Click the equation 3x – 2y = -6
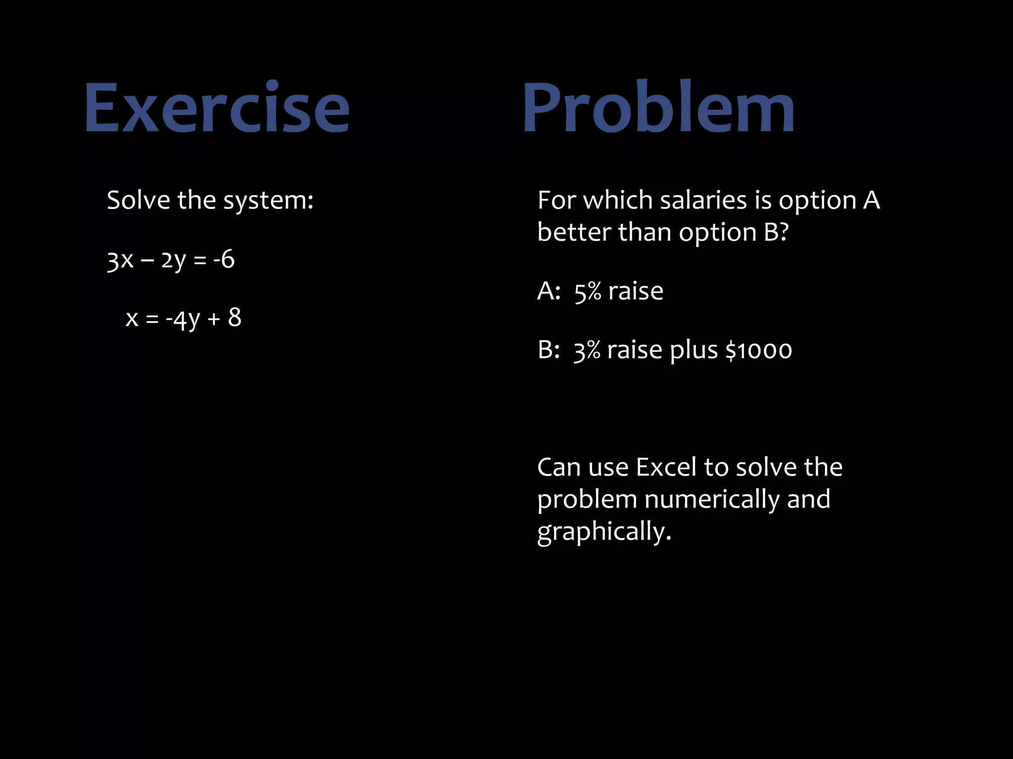click(x=171, y=260)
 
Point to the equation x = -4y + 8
click(x=184, y=318)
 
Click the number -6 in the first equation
click(x=224, y=259)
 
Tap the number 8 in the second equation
click(x=234, y=317)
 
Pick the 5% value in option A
click(x=587, y=292)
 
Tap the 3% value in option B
click(x=587, y=350)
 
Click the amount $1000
click(x=758, y=350)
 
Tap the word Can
click(x=558, y=467)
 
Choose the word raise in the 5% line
click(x=636, y=292)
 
